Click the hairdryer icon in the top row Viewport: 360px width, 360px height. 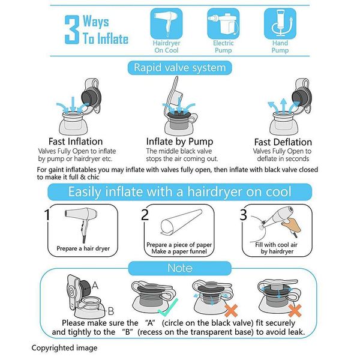pos(166,23)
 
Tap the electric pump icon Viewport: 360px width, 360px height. pos(223,23)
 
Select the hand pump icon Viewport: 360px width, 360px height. pos(280,23)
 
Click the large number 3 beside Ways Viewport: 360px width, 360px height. pos(72,29)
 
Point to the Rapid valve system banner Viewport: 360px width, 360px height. pos(180,68)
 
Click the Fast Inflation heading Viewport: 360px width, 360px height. pos(76,142)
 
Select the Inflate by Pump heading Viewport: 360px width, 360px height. pos(179,142)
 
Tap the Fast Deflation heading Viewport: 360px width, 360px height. pos(283,142)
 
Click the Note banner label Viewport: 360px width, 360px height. pos(180,268)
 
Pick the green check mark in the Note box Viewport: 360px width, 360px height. pos(169,308)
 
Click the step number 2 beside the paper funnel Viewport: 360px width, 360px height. pos(145,215)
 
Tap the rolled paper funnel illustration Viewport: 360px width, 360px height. pos(181,221)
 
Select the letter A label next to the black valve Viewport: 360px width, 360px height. pos(95,286)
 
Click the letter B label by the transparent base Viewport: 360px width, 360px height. pos(111,311)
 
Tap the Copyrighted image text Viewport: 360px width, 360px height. pos(64,348)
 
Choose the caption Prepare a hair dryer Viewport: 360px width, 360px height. pos(83,248)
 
